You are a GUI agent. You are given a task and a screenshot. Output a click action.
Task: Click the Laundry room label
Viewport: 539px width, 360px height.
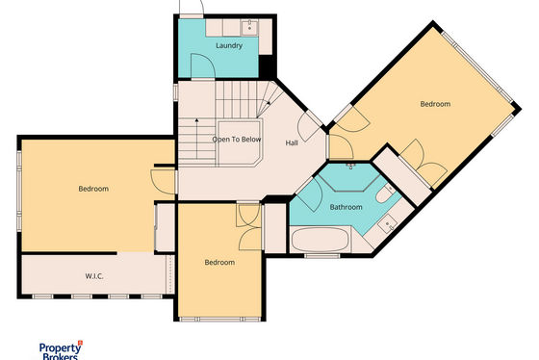click(229, 45)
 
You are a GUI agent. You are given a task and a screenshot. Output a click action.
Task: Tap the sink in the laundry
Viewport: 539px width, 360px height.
click(249, 27)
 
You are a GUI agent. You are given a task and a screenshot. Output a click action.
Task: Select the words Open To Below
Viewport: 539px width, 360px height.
click(237, 140)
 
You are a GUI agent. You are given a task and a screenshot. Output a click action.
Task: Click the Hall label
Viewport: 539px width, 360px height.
click(292, 142)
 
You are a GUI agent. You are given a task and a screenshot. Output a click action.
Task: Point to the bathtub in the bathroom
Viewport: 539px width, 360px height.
click(320, 240)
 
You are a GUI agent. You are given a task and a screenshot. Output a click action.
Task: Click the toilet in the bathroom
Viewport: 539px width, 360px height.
click(384, 193)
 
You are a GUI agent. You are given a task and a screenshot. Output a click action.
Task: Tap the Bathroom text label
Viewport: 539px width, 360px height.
click(346, 207)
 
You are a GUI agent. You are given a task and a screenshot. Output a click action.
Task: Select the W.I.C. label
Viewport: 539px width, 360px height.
click(94, 276)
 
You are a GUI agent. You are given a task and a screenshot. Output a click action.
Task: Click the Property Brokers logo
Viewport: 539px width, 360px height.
click(62, 350)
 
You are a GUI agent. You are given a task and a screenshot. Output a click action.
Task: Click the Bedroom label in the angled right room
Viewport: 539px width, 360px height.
click(435, 104)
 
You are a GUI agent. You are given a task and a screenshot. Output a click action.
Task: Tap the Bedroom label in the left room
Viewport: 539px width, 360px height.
click(93, 189)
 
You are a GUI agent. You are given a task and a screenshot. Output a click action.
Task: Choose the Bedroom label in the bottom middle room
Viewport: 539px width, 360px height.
click(219, 263)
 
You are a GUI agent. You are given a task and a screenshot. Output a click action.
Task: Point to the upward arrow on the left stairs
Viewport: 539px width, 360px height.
click(197, 139)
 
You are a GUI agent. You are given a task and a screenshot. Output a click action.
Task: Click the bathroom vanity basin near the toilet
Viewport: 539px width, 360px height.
click(389, 225)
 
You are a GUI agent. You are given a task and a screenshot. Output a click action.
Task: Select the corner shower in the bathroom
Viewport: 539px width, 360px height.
click(348, 177)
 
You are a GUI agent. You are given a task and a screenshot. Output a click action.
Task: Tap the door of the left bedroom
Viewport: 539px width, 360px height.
click(164, 182)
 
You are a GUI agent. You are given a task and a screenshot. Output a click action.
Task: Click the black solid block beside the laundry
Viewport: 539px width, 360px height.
click(267, 67)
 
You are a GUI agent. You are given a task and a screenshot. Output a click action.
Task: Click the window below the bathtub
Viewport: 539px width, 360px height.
click(322, 256)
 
